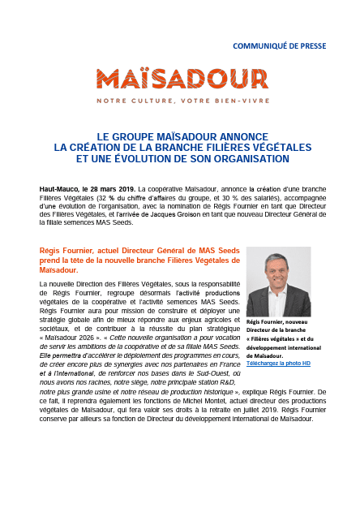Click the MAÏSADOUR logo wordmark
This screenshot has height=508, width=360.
(x=182, y=79)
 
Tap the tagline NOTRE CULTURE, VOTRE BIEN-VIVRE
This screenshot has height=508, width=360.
(x=182, y=102)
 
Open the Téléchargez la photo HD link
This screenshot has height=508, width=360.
(x=277, y=363)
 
